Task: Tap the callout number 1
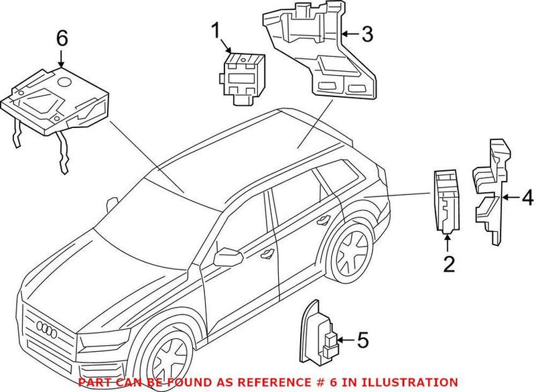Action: (216, 31)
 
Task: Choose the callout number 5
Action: (362, 341)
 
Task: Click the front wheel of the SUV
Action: (170, 359)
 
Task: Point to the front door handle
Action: (268, 252)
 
